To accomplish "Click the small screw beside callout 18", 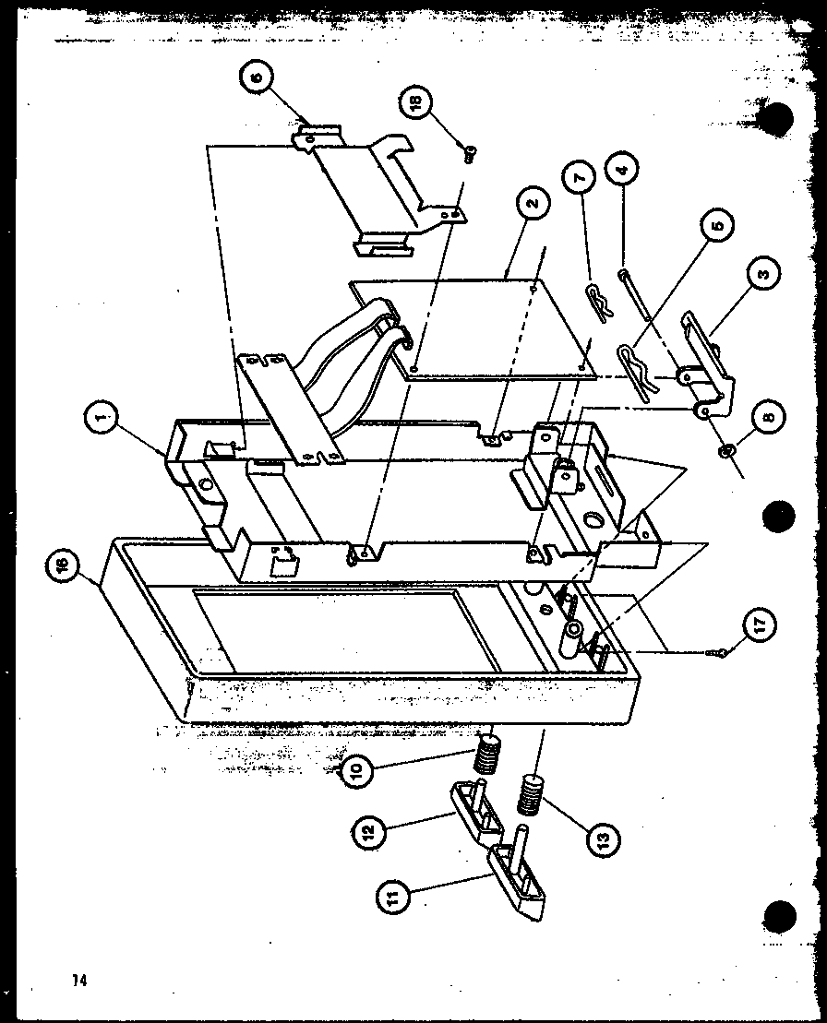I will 469,155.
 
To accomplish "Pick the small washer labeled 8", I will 727,451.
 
